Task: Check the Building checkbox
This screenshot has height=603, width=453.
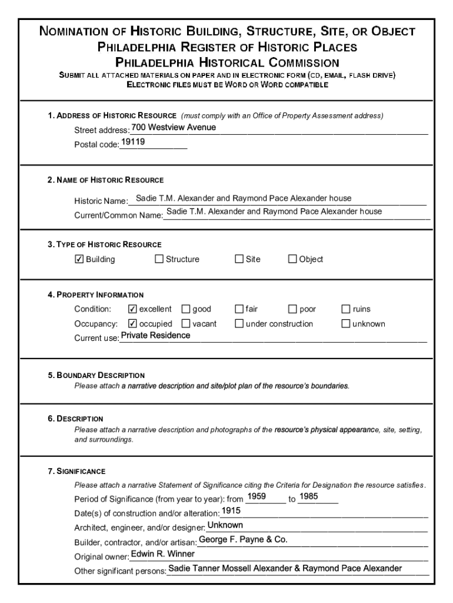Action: [x=79, y=259]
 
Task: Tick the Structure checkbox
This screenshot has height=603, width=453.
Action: [x=159, y=259]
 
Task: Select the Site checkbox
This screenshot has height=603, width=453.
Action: [x=239, y=259]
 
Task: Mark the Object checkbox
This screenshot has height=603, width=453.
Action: [x=292, y=259]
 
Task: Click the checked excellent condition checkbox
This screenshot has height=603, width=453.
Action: [x=132, y=309]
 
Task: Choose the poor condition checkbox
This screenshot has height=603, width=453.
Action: [x=292, y=309]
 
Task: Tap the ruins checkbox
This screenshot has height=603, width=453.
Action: [x=346, y=309]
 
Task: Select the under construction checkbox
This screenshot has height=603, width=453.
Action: [x=239, y=323]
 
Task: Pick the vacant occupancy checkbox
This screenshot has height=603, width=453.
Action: [x=186, y=323]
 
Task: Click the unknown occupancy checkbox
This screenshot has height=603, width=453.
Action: [x=346, y=323]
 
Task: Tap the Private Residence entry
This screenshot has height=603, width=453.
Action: [x=155, y=335]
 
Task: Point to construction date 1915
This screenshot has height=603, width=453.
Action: [x=231, y=510]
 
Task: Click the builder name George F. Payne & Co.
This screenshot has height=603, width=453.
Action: [x=243, y=539]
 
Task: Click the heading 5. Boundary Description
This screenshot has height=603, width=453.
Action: [x=96, y=375]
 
